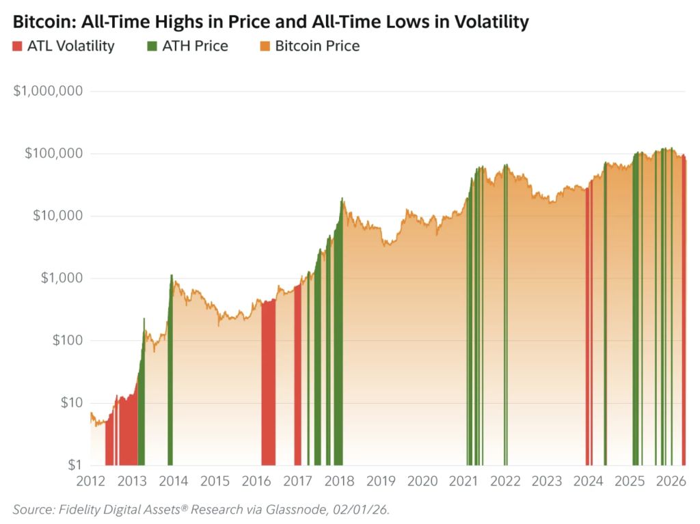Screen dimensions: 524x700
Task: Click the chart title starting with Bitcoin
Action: click(271, 21)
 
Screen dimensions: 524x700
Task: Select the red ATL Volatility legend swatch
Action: click(17, 46)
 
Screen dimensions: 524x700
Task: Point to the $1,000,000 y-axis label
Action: click(48, 91)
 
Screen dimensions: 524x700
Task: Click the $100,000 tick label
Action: click(53, 153)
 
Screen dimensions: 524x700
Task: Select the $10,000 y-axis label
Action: click(57, 216)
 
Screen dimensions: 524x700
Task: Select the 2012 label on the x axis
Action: click(90, 481)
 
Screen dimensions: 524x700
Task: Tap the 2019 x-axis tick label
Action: click(381, 481)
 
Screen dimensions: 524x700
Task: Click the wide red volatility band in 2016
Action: click(268, 383)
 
